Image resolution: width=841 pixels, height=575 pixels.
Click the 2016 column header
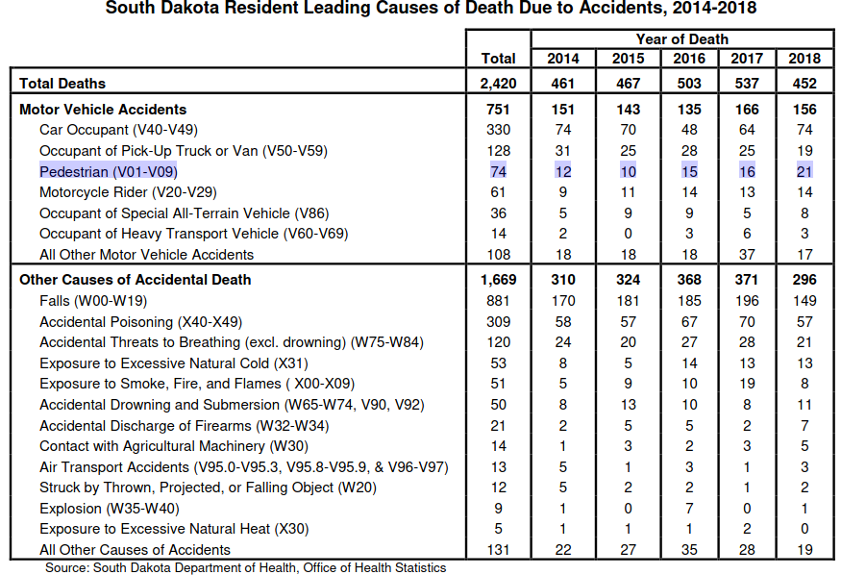(x=689, y=58)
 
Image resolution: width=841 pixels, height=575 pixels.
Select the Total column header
(x=498, y=58)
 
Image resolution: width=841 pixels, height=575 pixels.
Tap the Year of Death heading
(x=682, y=39)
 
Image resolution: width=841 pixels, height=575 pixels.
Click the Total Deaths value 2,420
(x=498, y=83)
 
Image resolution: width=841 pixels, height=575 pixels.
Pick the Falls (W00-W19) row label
(x=93, y=300)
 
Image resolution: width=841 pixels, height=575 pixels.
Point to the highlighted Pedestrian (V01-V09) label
(x=109, y=172)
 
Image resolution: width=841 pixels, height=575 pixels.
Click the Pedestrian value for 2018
(x=804, y=172)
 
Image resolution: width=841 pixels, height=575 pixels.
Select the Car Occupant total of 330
(x=498, y=130)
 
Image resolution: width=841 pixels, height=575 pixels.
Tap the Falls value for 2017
(x=747, y=300)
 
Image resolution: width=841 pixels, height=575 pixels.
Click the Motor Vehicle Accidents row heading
(x=103, y=110)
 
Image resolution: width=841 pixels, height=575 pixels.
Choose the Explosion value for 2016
(x=689, y=508)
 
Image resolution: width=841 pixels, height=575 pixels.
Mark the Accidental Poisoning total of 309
(x=498, y=322)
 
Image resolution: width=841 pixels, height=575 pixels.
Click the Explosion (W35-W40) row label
(x=110, y=508)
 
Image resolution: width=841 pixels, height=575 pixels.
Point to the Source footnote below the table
(x=246, y=567)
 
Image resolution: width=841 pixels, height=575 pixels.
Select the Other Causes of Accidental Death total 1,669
(x=498, y=280)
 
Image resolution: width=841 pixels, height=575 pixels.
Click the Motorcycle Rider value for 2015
(x=628, y=192)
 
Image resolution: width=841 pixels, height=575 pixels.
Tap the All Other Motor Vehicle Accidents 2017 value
(x=747, y=254)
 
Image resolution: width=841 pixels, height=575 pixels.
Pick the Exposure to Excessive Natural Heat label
(x=174, y=529)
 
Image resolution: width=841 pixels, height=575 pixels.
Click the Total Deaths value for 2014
(x=563, y=83)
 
